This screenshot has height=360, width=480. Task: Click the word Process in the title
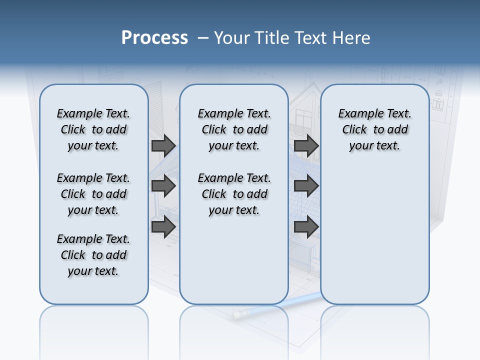[154, 38]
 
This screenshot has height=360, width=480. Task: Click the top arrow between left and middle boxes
[163, 145]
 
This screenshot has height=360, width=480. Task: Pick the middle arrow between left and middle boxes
[163, 186]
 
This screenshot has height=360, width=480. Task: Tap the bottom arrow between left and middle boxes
[163, 227]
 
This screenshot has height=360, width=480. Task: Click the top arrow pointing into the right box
[306, 145]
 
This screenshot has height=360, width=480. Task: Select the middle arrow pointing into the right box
[306, 186]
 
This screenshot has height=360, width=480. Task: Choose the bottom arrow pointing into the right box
[306, 227]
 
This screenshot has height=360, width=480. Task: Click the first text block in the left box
[93, 129]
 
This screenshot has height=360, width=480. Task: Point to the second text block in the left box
[93, 194]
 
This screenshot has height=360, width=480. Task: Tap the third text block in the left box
[93, 255]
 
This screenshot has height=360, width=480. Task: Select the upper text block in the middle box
[234, 129]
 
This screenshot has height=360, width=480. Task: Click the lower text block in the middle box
[234, 194]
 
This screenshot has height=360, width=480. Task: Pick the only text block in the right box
[374, 129]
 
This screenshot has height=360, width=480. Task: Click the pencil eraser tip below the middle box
[237, 315]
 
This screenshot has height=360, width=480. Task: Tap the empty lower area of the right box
[374, 240]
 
